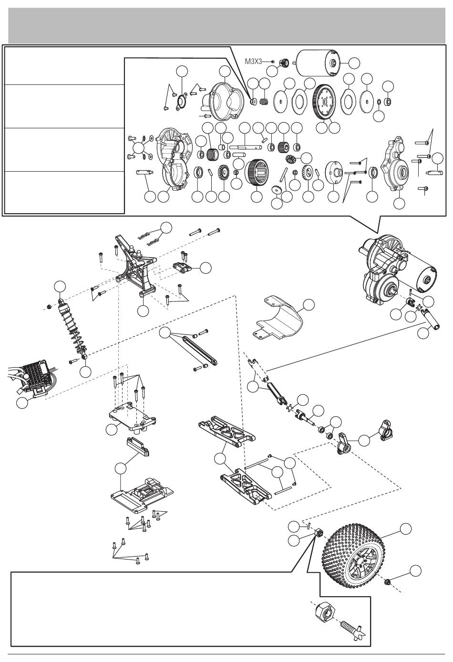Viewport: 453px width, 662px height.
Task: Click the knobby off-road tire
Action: tap(360, 558)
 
